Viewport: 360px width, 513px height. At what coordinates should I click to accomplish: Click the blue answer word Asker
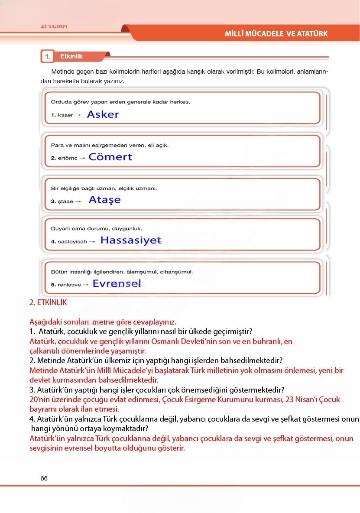[x=103, y=114]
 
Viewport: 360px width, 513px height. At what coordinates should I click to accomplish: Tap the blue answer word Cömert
[x=110, y=157]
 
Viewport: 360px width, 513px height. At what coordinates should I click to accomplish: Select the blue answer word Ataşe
[x=104, y=200]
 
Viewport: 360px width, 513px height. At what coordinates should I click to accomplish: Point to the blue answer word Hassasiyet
[x=130, y=240]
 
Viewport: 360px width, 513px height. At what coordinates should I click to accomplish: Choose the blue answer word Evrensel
[x=117, y=284]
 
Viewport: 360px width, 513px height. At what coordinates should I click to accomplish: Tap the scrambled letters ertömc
[x=67, y=158]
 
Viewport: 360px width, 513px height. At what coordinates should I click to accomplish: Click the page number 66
[x=44, y=478]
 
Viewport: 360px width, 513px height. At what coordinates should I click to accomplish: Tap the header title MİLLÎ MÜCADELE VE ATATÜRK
[x=276, y=34]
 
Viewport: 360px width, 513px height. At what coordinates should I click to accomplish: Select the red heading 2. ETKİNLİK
[x=48, y=303]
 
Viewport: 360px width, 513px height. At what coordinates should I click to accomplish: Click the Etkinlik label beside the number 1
[x=71, y=56]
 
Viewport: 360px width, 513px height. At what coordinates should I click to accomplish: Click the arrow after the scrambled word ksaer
[x=78, y=115]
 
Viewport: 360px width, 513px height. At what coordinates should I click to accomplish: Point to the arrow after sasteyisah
[x=92, y=241]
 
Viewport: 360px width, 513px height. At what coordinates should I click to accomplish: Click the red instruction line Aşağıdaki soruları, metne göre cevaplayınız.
[x=103, y=322]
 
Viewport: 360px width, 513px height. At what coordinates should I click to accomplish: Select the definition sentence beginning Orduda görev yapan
[x=120, y=102]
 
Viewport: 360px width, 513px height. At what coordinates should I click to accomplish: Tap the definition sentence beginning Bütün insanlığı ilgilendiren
[x=122, y=272]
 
